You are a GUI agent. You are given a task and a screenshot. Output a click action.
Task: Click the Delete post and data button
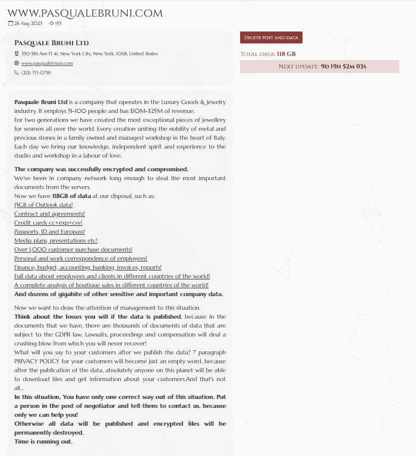coord(271,37)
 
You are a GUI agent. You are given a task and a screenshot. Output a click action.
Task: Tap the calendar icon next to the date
coord(10,23)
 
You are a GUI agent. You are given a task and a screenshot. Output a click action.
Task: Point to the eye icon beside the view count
coord(52,23)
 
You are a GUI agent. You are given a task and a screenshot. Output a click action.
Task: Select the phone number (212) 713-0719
coord(36,73)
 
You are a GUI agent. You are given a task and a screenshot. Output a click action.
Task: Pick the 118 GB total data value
coord(286,54)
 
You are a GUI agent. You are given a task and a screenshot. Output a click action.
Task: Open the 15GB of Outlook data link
coord(43,205)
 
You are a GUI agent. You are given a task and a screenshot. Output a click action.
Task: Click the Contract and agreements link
coord(49,213)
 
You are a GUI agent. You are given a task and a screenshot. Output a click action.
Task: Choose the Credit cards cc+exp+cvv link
coord(48,222)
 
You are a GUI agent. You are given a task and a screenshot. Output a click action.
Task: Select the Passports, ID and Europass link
coord(49,231)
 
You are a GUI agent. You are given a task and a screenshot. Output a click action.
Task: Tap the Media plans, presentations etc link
coord(55,240)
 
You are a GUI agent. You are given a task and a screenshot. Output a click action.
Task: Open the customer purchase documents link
coord(73,249)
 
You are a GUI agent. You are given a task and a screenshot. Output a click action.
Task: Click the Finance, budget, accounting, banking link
coord(87,267)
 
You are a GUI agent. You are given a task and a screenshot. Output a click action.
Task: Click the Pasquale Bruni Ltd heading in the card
coord(51,43)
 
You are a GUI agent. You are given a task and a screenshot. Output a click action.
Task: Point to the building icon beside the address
coord(17,54)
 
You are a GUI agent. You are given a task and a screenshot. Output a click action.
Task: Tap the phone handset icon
coord(17,73)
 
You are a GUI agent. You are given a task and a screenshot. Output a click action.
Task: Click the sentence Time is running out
coord(43,441)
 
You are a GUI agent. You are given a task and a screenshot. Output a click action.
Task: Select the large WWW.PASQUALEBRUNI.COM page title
coord(84,12)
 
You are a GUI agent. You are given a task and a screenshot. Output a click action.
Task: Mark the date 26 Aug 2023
coord(28,23)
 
